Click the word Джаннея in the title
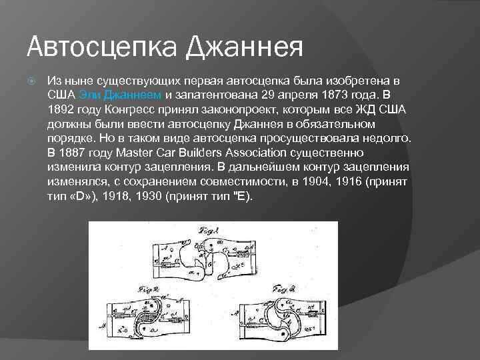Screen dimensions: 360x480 pos(244,47)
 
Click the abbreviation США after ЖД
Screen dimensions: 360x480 pos(391,109)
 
